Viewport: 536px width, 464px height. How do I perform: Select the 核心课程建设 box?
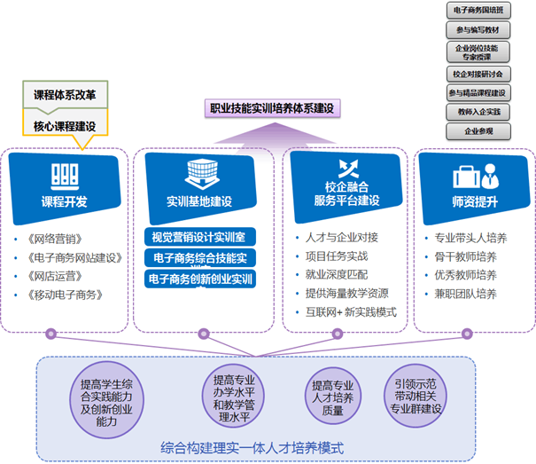pyautogui.click(x=65, y=125)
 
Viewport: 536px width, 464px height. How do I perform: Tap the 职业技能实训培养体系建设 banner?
pyautogui.click(x=271, y=108)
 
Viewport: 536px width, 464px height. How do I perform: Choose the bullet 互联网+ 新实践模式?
pyautogui.click(x=350, y=312)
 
